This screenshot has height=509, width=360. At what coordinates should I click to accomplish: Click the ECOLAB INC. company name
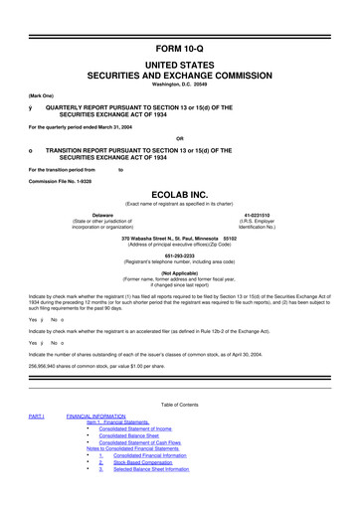pyautogui.click(x=180, y=195)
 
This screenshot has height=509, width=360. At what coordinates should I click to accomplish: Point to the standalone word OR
pyautogui.click(x=180, y=137)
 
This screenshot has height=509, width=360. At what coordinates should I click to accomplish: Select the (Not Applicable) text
pyautogui.click(x=180, y=272)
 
